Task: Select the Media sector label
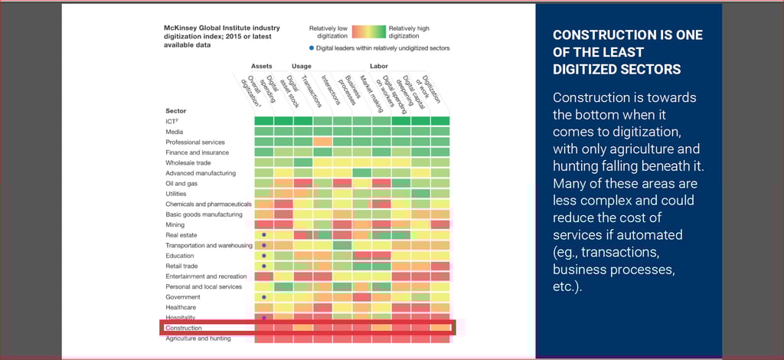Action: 174,132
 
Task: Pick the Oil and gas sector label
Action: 181,184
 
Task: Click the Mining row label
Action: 175,225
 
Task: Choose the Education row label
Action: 180,256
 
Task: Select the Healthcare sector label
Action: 181,307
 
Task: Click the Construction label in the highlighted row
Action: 184,328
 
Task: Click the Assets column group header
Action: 262,66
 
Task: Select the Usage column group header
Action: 301,66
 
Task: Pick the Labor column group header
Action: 379,66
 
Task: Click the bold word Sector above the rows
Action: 175,111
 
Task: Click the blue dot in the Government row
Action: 263,297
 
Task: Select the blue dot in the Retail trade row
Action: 263,266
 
